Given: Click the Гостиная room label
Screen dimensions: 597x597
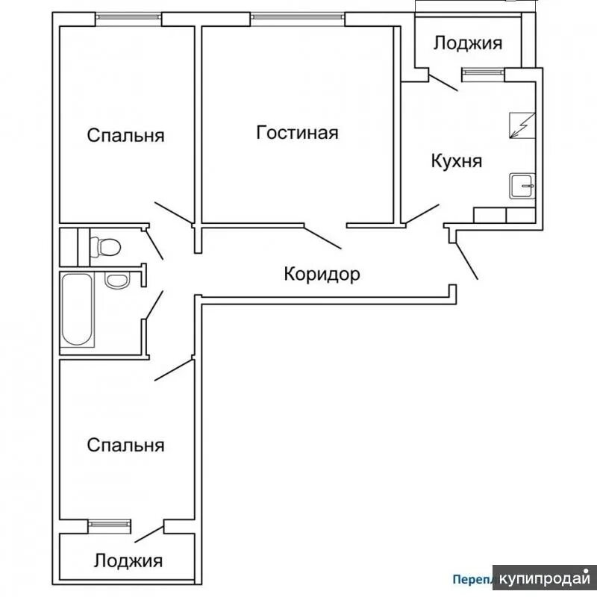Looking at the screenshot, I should (x=297, y=133).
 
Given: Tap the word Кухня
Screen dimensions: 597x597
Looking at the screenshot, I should (x=457, y=161).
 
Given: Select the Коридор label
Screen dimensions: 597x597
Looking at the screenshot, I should (x=322, y=274).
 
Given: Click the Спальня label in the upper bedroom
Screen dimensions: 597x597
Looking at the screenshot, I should (x=125, y=136).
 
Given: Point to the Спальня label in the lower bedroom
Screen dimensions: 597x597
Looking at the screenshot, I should (x=125, y=446).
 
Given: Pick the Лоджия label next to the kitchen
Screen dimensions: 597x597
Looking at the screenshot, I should (x=468, y=43).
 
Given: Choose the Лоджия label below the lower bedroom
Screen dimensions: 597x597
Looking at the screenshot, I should (x=128, y=560).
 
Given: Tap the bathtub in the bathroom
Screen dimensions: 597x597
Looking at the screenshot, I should (x=78, y=310).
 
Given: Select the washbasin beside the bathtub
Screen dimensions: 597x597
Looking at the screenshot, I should (x=116, y=281).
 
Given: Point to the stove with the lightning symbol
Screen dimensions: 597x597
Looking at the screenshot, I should (x=521, y=125).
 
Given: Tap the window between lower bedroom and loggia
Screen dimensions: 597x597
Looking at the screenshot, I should (x=110, y=525).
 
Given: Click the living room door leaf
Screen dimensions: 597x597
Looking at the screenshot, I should (x=323, y=237).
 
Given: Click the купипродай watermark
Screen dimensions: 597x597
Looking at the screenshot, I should (x=545, y=579).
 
